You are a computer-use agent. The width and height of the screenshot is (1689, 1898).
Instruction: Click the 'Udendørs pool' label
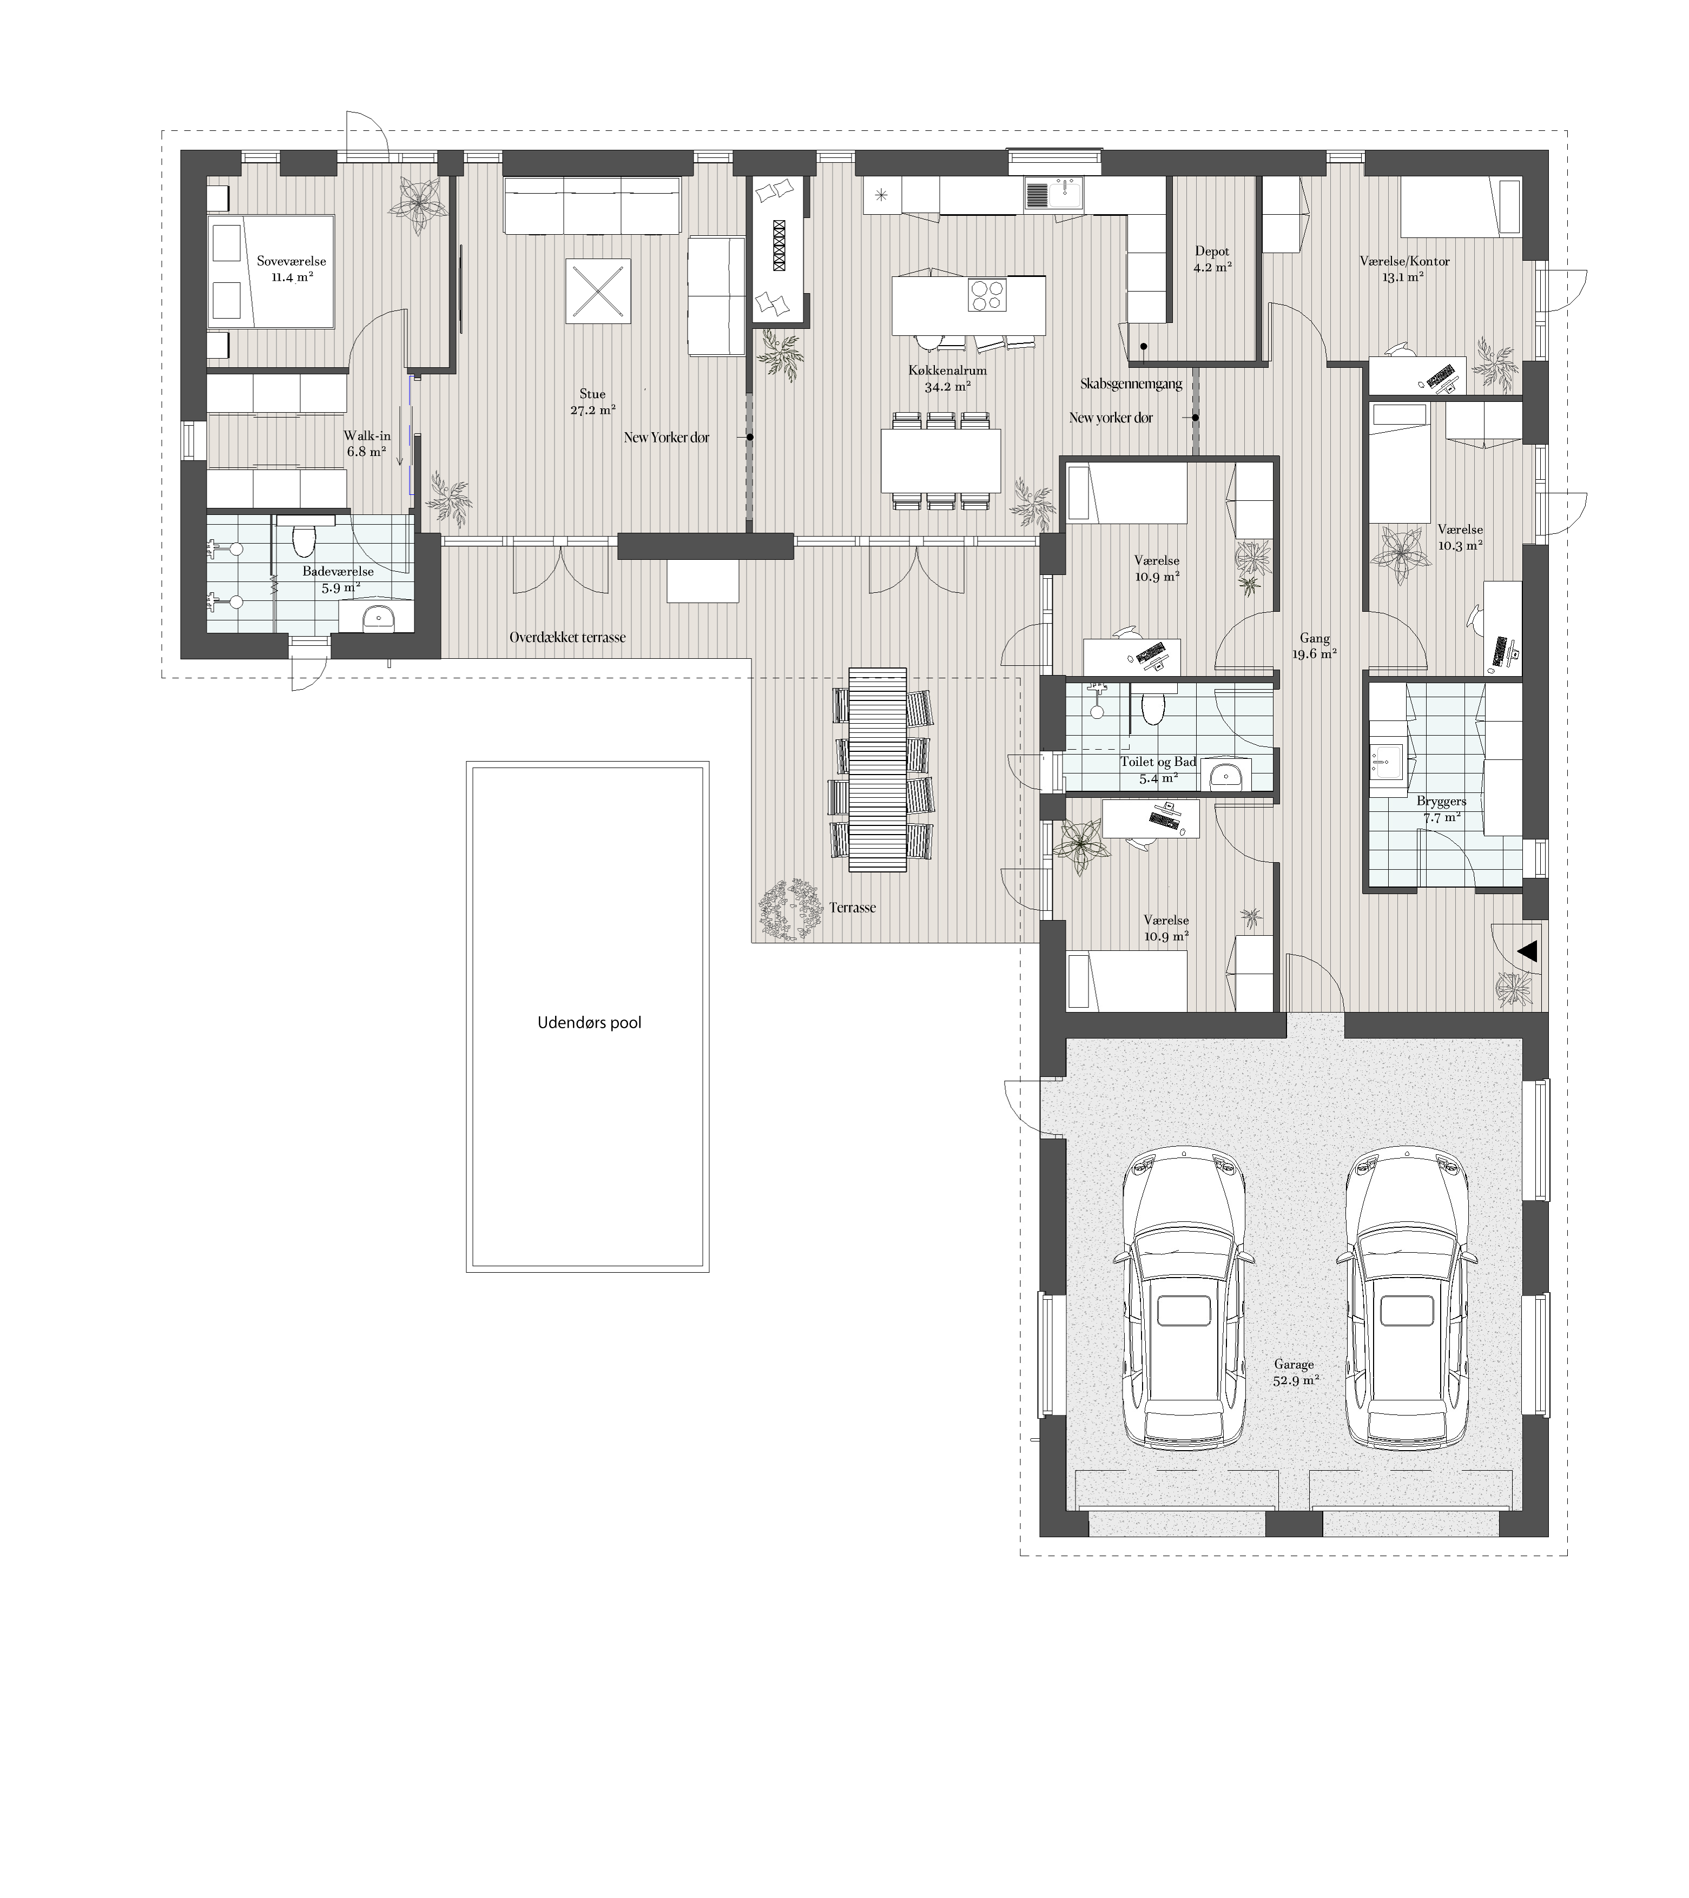point(590,1023)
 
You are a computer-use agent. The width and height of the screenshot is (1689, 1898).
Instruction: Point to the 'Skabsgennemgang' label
point(1131,383)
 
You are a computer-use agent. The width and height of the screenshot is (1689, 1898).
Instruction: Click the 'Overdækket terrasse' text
point(568,638)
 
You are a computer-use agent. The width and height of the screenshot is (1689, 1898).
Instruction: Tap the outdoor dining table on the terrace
point(878,770)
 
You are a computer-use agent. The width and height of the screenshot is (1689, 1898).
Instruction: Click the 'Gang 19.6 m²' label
point(1315,645)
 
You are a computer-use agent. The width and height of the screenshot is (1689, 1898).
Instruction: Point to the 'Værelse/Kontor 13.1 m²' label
point(1404,268)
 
